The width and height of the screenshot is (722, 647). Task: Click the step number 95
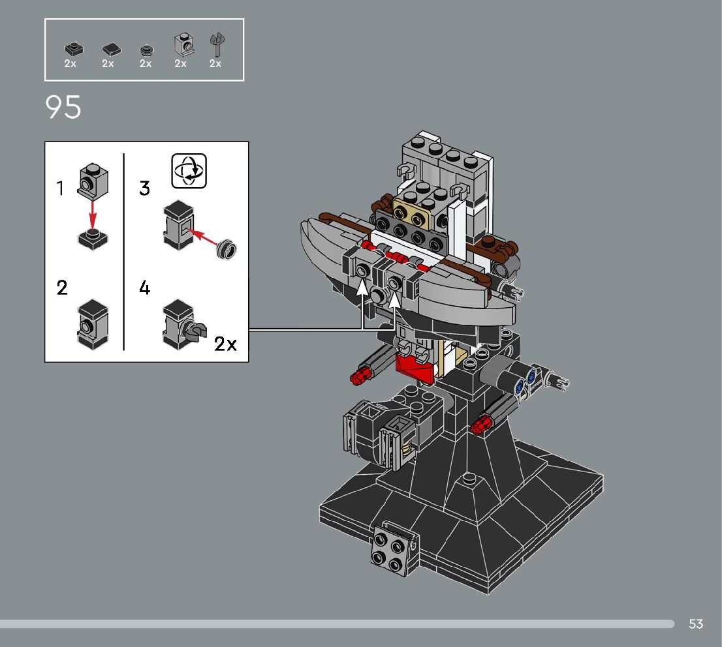point(63,107)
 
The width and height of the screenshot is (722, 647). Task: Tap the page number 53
point(696,624)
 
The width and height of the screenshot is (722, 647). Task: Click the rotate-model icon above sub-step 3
point(189,171)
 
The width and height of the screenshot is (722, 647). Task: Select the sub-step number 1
point(60,188)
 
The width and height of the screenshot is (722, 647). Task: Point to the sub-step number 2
point(62,288)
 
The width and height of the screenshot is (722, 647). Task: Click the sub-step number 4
point(144,288)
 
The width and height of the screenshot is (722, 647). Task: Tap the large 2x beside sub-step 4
point(226,344)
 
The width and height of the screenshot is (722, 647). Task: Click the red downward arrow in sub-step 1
point(93,215)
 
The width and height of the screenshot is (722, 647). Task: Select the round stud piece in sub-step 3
point(227,248)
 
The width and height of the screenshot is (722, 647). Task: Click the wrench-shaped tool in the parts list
point(217,44)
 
